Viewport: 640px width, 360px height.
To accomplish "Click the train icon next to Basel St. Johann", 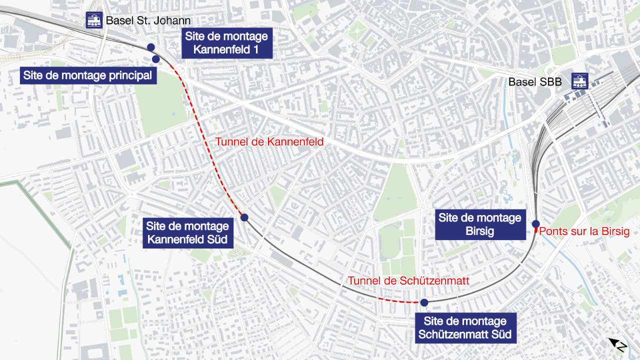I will (94, 20).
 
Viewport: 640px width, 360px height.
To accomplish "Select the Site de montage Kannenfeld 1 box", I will (226, 43).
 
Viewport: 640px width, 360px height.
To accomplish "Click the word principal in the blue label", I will (125, 76).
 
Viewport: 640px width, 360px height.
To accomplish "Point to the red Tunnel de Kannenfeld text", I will (269, 142).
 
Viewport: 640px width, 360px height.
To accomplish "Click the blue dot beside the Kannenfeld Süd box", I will (244, 217).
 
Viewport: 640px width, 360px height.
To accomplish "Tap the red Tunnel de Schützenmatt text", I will (408, 281).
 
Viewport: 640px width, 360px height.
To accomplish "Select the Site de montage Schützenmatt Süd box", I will (465, 328).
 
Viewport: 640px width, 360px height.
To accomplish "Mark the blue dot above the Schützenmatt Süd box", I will (424, 302).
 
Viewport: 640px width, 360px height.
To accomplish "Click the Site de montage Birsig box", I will (480, 224).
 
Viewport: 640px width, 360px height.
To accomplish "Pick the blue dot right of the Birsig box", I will (535, 223).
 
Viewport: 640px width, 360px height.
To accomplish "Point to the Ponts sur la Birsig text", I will (584, 231).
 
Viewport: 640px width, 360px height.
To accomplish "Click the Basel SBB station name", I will (535, 81).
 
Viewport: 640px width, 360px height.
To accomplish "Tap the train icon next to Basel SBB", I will (580, 81).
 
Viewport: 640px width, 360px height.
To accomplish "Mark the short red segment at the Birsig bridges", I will (535, 231).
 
